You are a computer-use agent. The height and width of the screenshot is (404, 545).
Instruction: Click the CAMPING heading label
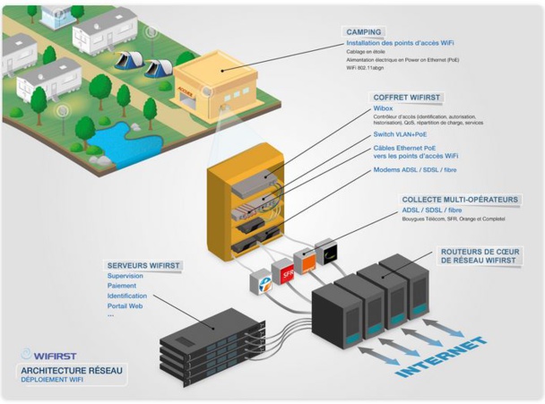pos(363,31)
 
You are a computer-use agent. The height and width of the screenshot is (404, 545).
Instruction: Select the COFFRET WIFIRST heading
pos(408,97)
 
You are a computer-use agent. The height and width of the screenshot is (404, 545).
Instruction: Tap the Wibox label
pos(383,108)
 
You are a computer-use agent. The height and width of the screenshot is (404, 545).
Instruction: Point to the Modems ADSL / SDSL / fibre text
pos(414,169)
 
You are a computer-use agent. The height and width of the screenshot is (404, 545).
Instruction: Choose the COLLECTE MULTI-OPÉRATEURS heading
pos(461,200)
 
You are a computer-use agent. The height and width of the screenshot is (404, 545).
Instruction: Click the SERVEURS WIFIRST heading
pos(143,265)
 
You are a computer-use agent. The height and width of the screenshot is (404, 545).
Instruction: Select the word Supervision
pos(125,276)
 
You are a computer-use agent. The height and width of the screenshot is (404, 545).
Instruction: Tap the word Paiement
pos(122,286)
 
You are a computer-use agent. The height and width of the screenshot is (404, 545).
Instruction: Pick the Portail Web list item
pos(125,305)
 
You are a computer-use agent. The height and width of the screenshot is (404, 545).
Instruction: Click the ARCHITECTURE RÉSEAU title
pos(73,370)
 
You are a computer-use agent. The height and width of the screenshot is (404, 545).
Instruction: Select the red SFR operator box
pos(287,271)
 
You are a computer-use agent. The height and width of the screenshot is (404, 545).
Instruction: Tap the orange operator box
pos(306,262)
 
